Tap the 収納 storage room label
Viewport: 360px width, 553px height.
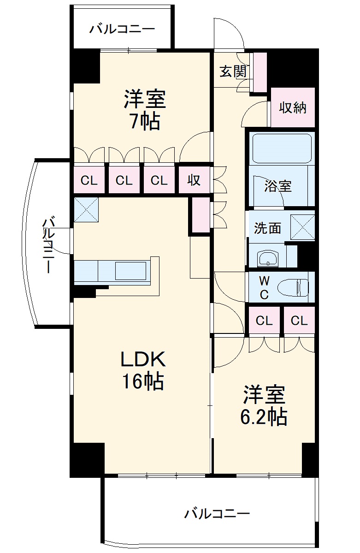pos(293,107)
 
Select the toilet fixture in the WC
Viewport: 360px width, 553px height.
pos(293,287)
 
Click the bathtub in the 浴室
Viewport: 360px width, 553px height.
pos(282,148)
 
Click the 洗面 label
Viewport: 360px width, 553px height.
pos(268,228)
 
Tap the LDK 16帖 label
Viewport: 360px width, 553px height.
pos(143,370)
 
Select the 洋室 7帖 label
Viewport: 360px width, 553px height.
pos(145,110)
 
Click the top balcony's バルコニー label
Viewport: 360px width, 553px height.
pos(122,29)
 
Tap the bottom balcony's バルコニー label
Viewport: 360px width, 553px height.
pos(217,513)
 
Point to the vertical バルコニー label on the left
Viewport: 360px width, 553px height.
pos(49,245)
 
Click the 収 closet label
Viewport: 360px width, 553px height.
pos(194,180)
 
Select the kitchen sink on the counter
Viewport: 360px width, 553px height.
pos(131,271)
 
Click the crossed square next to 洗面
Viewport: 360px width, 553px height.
pos(302,227)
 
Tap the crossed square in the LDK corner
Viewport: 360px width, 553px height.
pos(86,209)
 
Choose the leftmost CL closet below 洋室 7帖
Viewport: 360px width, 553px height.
pos(89,181)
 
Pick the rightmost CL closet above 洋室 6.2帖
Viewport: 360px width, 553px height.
pos(299,321)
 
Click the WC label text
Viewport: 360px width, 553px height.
pos(265,287)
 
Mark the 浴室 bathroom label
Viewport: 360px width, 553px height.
pos(278,186)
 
